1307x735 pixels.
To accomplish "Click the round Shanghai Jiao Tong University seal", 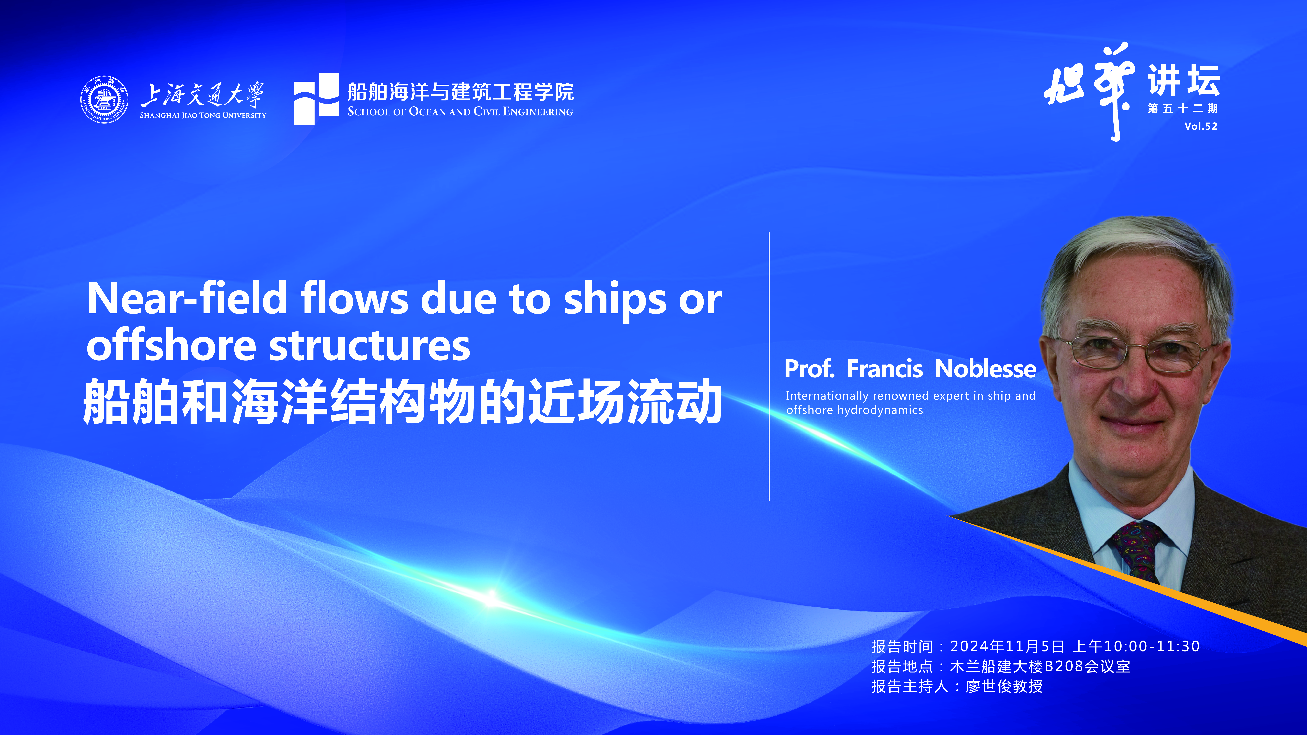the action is point(104,99).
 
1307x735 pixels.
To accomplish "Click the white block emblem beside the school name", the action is point(316,98).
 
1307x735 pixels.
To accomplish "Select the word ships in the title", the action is point(615,300).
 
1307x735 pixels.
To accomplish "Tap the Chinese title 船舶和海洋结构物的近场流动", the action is point(402,401).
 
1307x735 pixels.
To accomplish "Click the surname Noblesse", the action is point(985,369).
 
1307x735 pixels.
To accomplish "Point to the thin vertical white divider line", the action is point(769,366).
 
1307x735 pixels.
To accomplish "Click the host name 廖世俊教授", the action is point(1004,686).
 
